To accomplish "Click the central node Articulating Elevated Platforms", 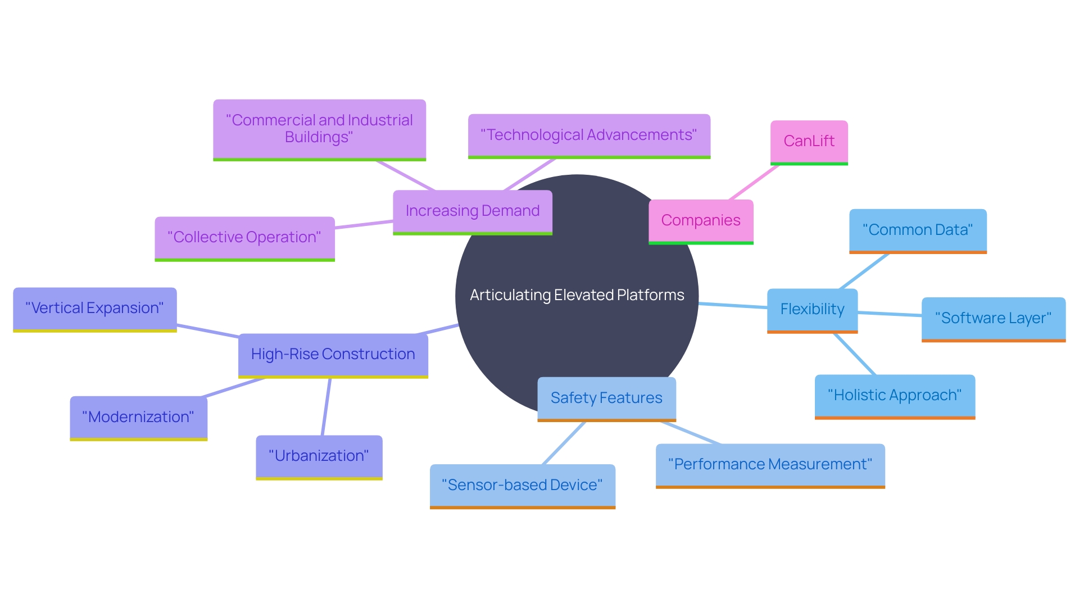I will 577,295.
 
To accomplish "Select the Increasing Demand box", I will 472,211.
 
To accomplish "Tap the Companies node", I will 701,221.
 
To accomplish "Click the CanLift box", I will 809,141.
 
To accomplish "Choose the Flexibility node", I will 812,310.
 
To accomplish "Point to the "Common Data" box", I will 918,230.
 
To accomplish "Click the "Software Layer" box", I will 993,318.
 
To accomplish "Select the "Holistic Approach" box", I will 895,396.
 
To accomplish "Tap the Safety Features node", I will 606,398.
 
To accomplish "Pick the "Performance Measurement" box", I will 770,465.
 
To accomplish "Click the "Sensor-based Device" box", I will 522,485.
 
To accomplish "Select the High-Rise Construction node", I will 333,355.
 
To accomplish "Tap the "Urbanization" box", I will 319,456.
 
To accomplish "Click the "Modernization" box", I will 138,417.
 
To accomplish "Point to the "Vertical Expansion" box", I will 94,309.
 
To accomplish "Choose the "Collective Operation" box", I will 244,238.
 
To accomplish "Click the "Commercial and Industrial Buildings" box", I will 319,129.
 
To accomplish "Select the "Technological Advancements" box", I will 589,135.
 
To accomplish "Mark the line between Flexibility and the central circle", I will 733,306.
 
